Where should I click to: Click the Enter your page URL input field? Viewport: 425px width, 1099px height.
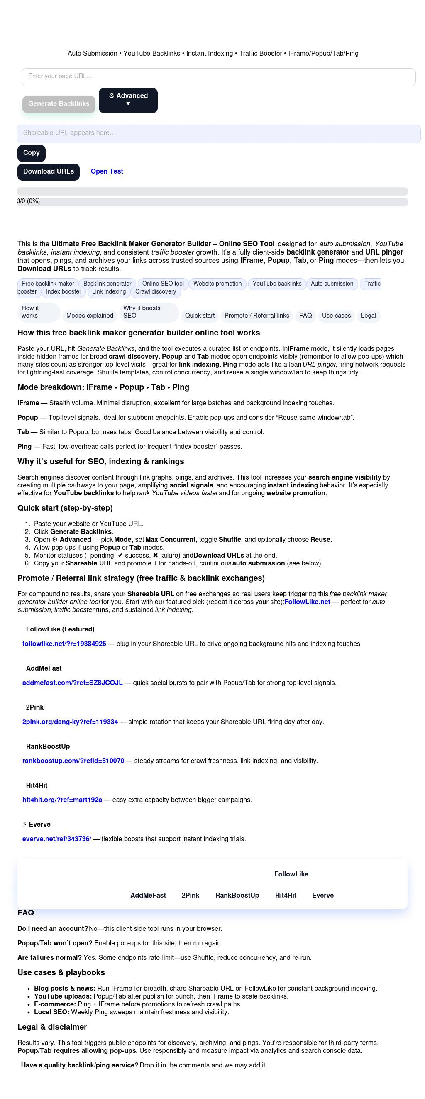coord(218,77)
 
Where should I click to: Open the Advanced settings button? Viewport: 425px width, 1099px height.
coord(128,100)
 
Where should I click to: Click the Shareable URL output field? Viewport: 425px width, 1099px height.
coord(218,134)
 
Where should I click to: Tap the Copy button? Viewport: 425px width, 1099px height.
coord(31,153)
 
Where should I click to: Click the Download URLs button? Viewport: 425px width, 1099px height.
coord(48,172)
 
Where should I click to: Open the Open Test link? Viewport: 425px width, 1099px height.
coord(107,171)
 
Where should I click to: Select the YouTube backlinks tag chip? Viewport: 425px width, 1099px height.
coord(277,284)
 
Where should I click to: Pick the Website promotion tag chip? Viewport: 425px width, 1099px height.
coord(217,284)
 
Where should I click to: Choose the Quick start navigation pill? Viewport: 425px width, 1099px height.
coord(200,316)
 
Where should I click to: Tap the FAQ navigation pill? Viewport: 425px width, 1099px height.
coord(305,316)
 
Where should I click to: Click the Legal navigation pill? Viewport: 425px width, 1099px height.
coord(368,316)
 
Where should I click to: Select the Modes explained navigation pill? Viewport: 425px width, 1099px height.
coord(90,316)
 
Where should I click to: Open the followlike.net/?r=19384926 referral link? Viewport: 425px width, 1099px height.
coord(64,644)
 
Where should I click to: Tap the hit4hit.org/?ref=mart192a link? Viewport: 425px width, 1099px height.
coord(62,800)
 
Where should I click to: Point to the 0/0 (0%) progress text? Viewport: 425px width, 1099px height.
coord(28,201)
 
